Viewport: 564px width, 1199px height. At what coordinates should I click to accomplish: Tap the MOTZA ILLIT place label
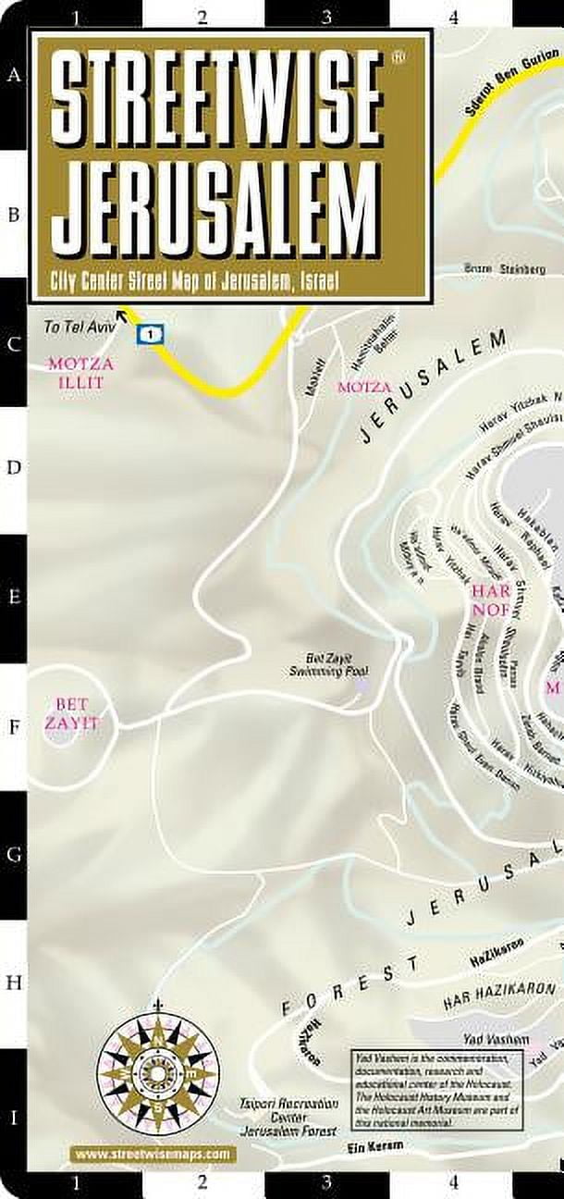coord(77,372)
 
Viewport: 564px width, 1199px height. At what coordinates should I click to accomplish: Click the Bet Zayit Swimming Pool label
coord(317,663)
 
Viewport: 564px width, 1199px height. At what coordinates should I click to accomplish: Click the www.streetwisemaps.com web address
coord(152,1154)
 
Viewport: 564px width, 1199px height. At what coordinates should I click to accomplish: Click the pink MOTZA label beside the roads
coord(364,386)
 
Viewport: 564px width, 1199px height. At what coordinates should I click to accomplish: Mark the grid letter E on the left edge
coord(14,597)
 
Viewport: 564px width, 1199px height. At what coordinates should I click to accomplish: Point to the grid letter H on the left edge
coord(14,983)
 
